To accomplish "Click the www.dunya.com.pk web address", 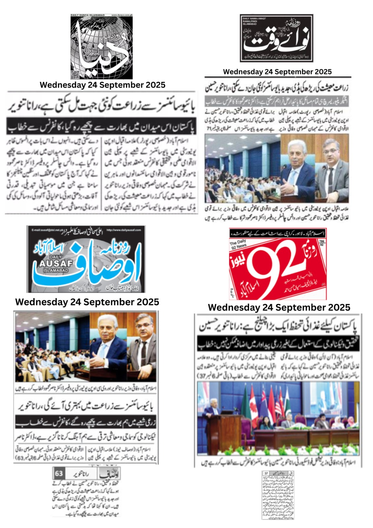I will [122, 15].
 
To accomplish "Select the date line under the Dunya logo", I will [102, 85].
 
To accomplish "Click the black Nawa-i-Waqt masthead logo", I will [276, 38].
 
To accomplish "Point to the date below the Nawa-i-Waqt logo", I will [277, 72].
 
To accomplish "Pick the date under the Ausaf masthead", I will [87, 302].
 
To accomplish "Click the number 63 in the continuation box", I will [59, 474].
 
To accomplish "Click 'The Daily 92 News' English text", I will [238, 244].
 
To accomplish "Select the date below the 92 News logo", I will [279, 308].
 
